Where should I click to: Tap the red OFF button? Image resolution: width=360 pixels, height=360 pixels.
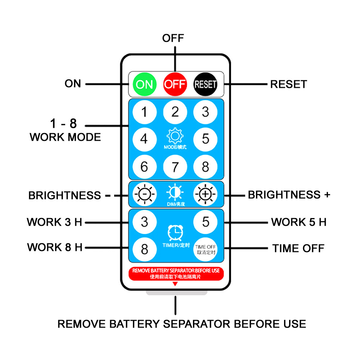[175, 84]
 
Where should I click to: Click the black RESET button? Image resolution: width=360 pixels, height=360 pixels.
[205, 84]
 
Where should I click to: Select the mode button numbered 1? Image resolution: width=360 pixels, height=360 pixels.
[145, 112]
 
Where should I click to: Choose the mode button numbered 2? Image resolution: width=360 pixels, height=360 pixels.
[175, 112]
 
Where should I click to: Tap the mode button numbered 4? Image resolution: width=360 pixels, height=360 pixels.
[145, 139]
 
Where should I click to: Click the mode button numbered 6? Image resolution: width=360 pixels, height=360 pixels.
[145, 167]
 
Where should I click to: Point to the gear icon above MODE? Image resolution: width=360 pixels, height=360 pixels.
[175, 136]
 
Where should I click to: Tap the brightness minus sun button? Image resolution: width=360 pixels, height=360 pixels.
[145, 194]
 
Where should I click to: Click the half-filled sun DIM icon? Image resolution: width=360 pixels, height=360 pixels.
[175, 192]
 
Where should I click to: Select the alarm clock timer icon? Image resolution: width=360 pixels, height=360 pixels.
[175, 233]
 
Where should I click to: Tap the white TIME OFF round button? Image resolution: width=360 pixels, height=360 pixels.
[205, 249]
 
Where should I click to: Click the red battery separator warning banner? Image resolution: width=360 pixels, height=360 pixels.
[176, 274]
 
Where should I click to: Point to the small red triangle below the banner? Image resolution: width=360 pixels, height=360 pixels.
[175, 284]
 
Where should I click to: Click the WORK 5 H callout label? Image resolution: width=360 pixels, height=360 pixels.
[299, 222]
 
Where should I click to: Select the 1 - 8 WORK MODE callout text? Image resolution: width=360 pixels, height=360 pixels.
[65, 130]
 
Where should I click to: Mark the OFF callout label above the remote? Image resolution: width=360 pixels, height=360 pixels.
[173, 38]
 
